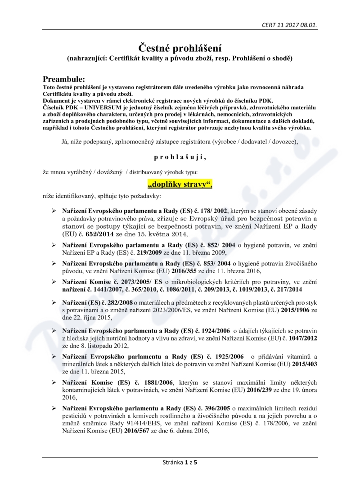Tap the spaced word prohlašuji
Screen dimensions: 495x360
pos(180,157)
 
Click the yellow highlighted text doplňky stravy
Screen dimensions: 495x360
pos(180,184)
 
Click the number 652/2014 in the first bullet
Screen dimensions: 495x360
pos(85,234)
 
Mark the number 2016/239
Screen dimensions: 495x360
pos(229,390)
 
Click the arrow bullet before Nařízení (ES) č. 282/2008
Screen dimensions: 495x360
pos(54,302)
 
